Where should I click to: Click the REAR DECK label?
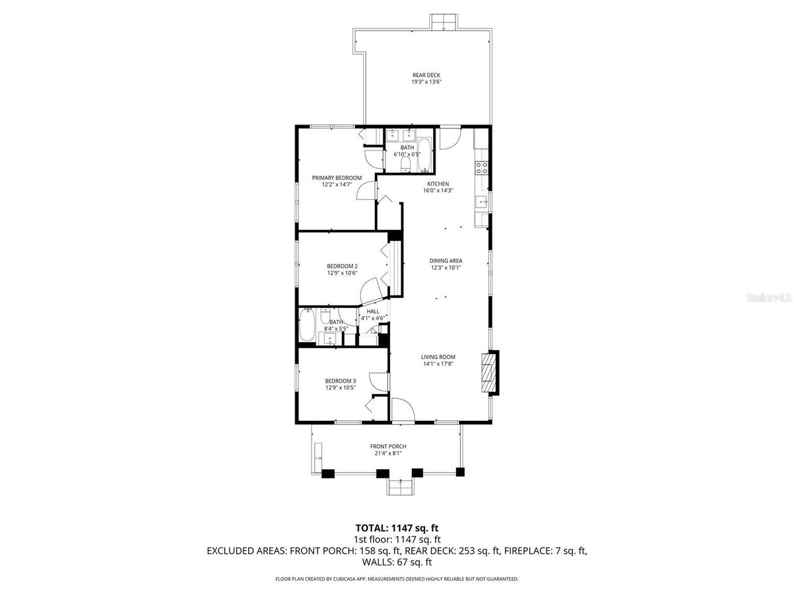tap(426, 75)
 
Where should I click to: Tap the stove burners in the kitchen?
tap(482, 167)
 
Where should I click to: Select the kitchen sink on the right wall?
tap(481, 201)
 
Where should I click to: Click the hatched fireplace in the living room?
tap(490, 372)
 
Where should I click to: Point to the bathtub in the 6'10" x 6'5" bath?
tap(425, 155)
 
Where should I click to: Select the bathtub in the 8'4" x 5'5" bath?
tap(307, 325)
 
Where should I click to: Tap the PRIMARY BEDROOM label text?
tap(336, 178)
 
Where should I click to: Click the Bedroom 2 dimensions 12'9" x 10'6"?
tap(342, 273)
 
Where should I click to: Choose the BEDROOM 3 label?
tap(340, 381)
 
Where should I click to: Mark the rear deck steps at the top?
tap(445, 22)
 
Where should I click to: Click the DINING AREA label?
tap(446, 261)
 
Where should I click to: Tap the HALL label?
tap(373, 312)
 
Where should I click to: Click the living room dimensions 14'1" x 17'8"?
tap(438, 364)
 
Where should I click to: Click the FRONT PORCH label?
tap(388, 446)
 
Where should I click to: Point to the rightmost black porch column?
tap(460, 472)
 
